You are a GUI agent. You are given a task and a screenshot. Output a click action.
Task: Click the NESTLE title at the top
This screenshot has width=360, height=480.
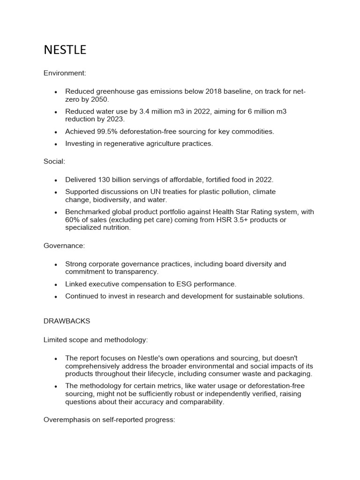pos(65,50)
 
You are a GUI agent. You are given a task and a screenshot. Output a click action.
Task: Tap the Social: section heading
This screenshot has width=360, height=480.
pos(54,161)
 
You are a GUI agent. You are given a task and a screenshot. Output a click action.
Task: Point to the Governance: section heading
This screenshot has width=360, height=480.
pos(64,246)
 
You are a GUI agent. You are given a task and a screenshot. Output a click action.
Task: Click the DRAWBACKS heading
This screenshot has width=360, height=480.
pos(67,321)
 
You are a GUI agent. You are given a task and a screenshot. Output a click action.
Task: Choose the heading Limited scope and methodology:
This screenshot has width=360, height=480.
pos(96,339)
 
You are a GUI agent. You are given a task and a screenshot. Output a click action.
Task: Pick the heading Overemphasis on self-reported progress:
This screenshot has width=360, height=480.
pos(109,420)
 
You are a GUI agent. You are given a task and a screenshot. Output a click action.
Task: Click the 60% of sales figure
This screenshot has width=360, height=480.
pos(73,220)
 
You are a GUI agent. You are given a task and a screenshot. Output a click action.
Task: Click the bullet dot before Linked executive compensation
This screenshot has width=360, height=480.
pos(56,285)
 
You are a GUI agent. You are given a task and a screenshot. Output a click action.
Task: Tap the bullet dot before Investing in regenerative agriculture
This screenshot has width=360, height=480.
pos(56,144)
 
